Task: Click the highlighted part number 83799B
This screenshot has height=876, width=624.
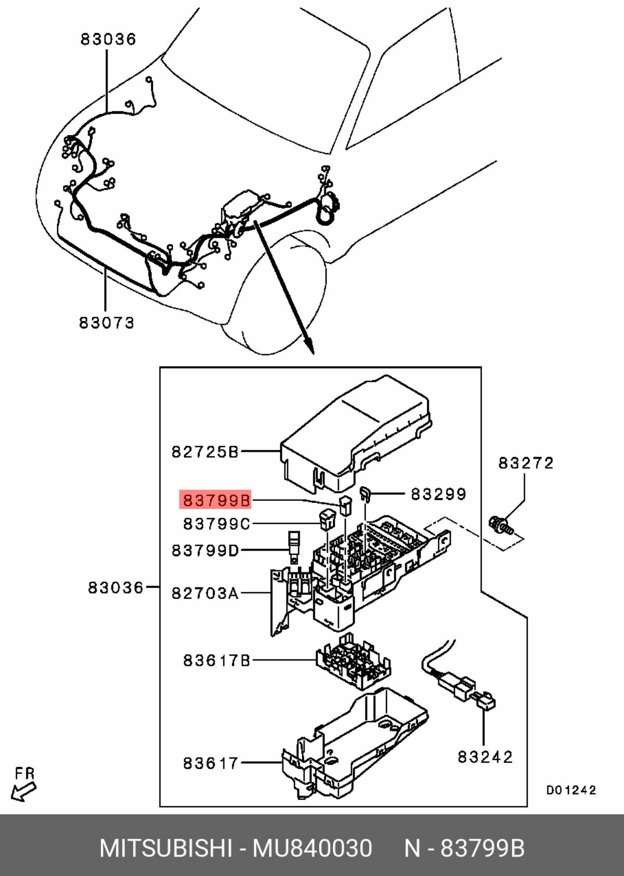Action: pos(216,500)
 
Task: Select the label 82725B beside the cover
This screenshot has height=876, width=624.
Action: pos(205,452)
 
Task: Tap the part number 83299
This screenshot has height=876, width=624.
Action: pos(438,494)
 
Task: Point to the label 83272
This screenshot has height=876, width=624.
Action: pos(526,462)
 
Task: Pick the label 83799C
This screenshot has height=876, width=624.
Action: pos(216,524)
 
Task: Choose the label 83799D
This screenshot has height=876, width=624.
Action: pos(205,550)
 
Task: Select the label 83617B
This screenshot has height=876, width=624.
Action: pos(216,660)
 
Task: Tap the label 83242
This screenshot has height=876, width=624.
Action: pos(485,756)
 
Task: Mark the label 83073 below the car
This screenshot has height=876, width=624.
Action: pos(107,323)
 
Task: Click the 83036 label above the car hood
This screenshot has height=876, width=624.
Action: pos(108,39)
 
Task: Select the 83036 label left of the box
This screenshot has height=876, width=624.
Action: pos(115,588)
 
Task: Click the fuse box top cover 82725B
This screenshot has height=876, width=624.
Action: pos(359,431)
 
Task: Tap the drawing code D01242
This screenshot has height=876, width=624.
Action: pos(570,790)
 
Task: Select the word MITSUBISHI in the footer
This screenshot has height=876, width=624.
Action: pos(165,848)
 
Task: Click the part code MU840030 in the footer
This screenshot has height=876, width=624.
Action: pos(312,848)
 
